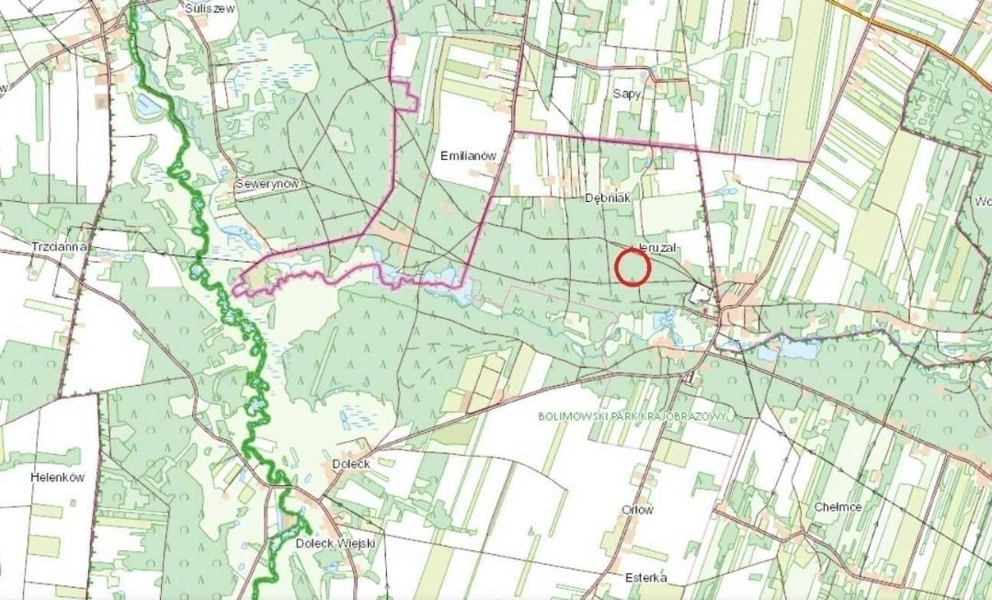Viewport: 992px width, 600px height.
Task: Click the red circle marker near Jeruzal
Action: (633, 267)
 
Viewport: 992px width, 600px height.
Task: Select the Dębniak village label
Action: (606, 198)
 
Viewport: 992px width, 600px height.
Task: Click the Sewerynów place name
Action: (268, 184)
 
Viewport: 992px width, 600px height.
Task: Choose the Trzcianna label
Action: (59, 247)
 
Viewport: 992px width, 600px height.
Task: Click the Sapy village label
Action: (627, 94)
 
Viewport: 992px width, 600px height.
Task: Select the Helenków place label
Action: (57, 478)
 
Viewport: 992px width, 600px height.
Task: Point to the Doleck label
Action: (351, 465)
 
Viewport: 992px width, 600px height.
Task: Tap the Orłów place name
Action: (637, 510)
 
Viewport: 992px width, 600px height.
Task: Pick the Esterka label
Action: (644, 578)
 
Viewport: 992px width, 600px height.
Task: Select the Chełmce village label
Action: (837, 506)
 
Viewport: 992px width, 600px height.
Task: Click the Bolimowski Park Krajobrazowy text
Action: (633, 416)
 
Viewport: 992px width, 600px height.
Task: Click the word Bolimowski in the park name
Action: (573, 416)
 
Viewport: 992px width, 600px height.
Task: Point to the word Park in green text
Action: (627, 416)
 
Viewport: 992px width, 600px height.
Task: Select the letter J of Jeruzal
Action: (640, 249)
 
